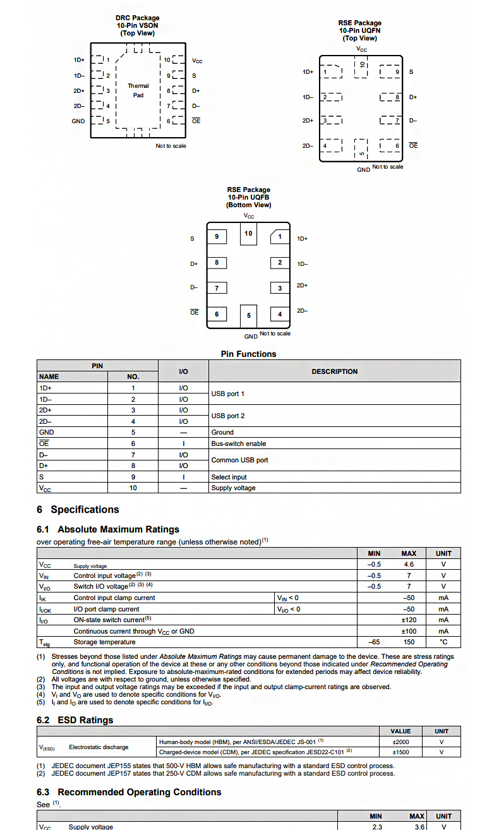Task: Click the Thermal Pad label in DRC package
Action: click(x=138, y=90)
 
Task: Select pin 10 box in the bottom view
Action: click(x=248, y=234)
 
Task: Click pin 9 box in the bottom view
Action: click(x=217, y=236)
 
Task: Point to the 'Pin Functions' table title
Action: click(x=248, y=354)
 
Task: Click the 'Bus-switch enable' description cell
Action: click(x=239, y=443)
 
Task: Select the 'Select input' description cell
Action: click(x=229, y=477)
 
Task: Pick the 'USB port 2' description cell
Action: click(x=228, y=416)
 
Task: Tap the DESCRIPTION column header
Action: click(x=334, y=371)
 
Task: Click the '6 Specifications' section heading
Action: click(x=78, y=510)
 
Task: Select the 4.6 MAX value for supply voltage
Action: click(x=409, y=565)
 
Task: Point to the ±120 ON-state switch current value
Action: click(x=409, y=620)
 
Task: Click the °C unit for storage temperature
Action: click(x=443, y=642)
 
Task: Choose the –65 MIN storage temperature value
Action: click(x=374, y=642)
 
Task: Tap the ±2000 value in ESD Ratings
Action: click(x=400, y=742)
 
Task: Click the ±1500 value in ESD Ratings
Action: click(x=400, y=752)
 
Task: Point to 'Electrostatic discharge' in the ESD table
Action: click(x=99, y=747)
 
